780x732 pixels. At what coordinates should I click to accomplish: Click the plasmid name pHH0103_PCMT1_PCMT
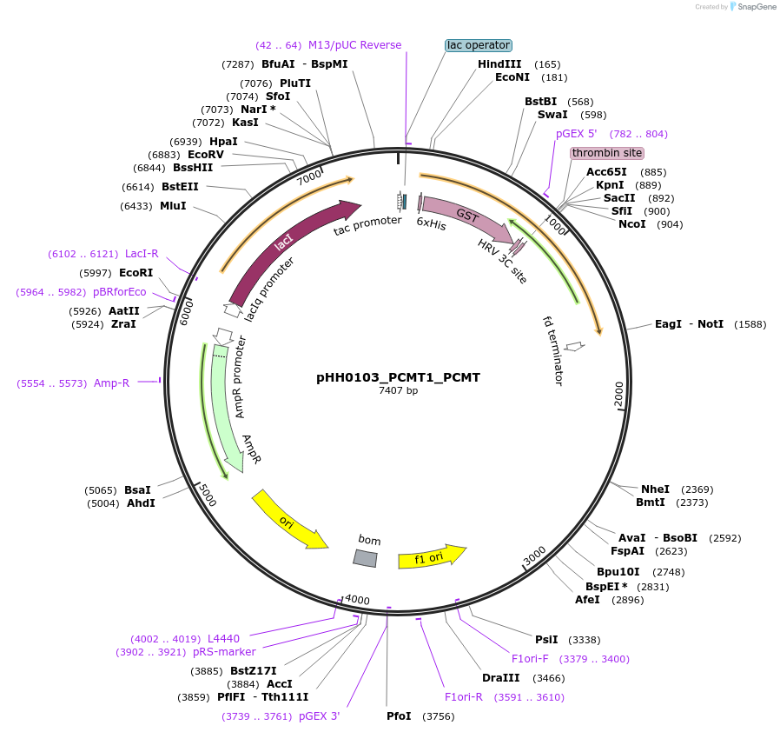click(398, 378)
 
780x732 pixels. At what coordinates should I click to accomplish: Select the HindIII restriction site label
click(499, 64)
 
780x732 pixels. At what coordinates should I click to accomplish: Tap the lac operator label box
click(479, 45)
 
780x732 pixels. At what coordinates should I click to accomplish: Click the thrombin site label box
click(607, 153)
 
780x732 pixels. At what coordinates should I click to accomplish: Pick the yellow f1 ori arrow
click(431, 557)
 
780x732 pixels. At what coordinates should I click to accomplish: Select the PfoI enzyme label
click(399, 716)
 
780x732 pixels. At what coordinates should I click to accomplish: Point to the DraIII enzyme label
click(500, 677)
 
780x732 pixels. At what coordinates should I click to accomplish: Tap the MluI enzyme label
click(173, 206)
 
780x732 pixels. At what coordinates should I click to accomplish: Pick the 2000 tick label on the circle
click(618, 394)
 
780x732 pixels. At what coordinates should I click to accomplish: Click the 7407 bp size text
click(398, 391)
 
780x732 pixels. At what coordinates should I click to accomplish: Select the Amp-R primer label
click(111, 383)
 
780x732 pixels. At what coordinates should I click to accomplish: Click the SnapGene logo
click(754, 7)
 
